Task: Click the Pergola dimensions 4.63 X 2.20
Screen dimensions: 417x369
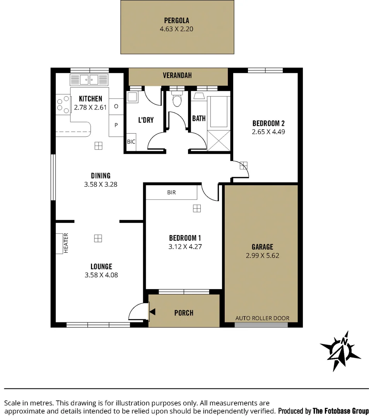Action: (176, 29)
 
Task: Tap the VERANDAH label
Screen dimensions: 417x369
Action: (177, 76)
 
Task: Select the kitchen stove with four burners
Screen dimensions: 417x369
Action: (62, 105)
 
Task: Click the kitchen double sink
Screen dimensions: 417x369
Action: (89, 80)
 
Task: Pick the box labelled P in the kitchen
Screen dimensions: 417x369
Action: (116, 125)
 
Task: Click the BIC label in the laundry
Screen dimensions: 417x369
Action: (131, 142)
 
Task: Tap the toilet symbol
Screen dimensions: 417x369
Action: (177, 100)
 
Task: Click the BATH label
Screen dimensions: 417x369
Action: (199, 119)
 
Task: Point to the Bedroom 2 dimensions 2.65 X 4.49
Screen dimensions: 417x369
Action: (268, 132)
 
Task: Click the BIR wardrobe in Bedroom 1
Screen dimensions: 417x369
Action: (171, 192)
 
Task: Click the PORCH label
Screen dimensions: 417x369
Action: (184, 313)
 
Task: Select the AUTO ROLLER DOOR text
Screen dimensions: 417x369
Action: (262, 318)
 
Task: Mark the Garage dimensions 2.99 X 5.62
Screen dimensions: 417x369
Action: (262, 255)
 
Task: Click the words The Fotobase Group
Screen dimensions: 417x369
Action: (340, 411)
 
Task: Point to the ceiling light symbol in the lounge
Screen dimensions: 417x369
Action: (98, 238)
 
